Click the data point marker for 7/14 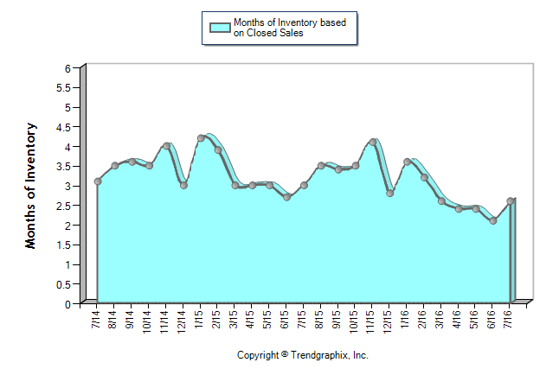point(98,181)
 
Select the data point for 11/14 point(166,146)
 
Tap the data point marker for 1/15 point(201,138)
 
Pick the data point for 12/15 point(390,194)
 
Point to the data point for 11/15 point(373,142)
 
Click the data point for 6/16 point(493,221)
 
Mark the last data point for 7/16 point(511,201)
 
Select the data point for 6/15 point(287,197)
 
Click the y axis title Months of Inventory point(31,186)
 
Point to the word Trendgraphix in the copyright point(321,355)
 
